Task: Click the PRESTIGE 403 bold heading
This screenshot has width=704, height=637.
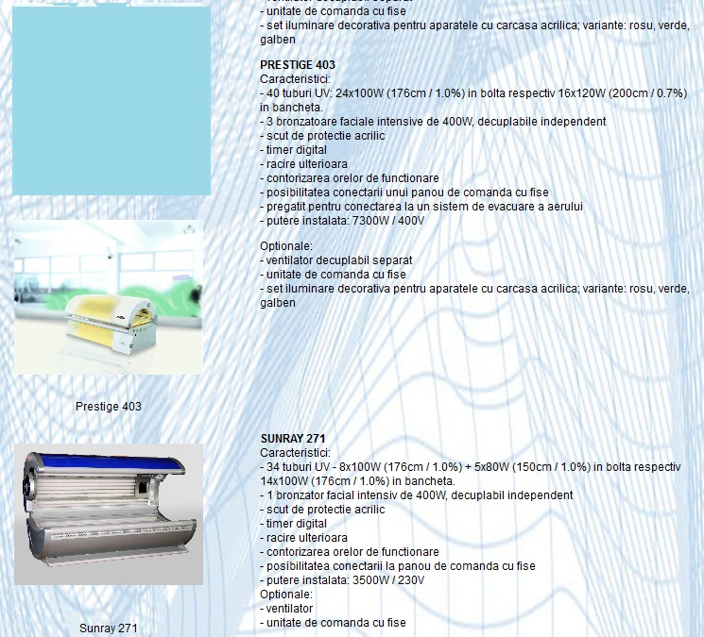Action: pyautogui.click(x=298, y=64)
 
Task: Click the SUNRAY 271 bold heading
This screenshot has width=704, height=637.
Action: pyautogui.click(x=293, y=439)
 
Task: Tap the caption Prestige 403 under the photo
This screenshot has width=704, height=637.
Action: pyautogui.click(x=109, y=407)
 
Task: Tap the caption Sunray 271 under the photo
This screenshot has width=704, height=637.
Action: pyautogui.click(x=109, y=629)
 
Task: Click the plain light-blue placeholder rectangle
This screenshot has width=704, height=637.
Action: pyautogui.click(x=112, y=100)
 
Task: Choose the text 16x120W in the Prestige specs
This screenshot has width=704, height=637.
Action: pyautogui.click(x=581, y=93)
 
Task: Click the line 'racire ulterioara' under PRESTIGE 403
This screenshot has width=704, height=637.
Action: pyautogui.click(x=303, y=164)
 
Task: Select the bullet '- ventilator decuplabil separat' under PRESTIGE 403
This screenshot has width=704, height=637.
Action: pyautogui.click(x=335, y=260)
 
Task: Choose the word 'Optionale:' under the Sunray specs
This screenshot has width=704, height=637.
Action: pyautogui.click(x=286, y=595)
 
